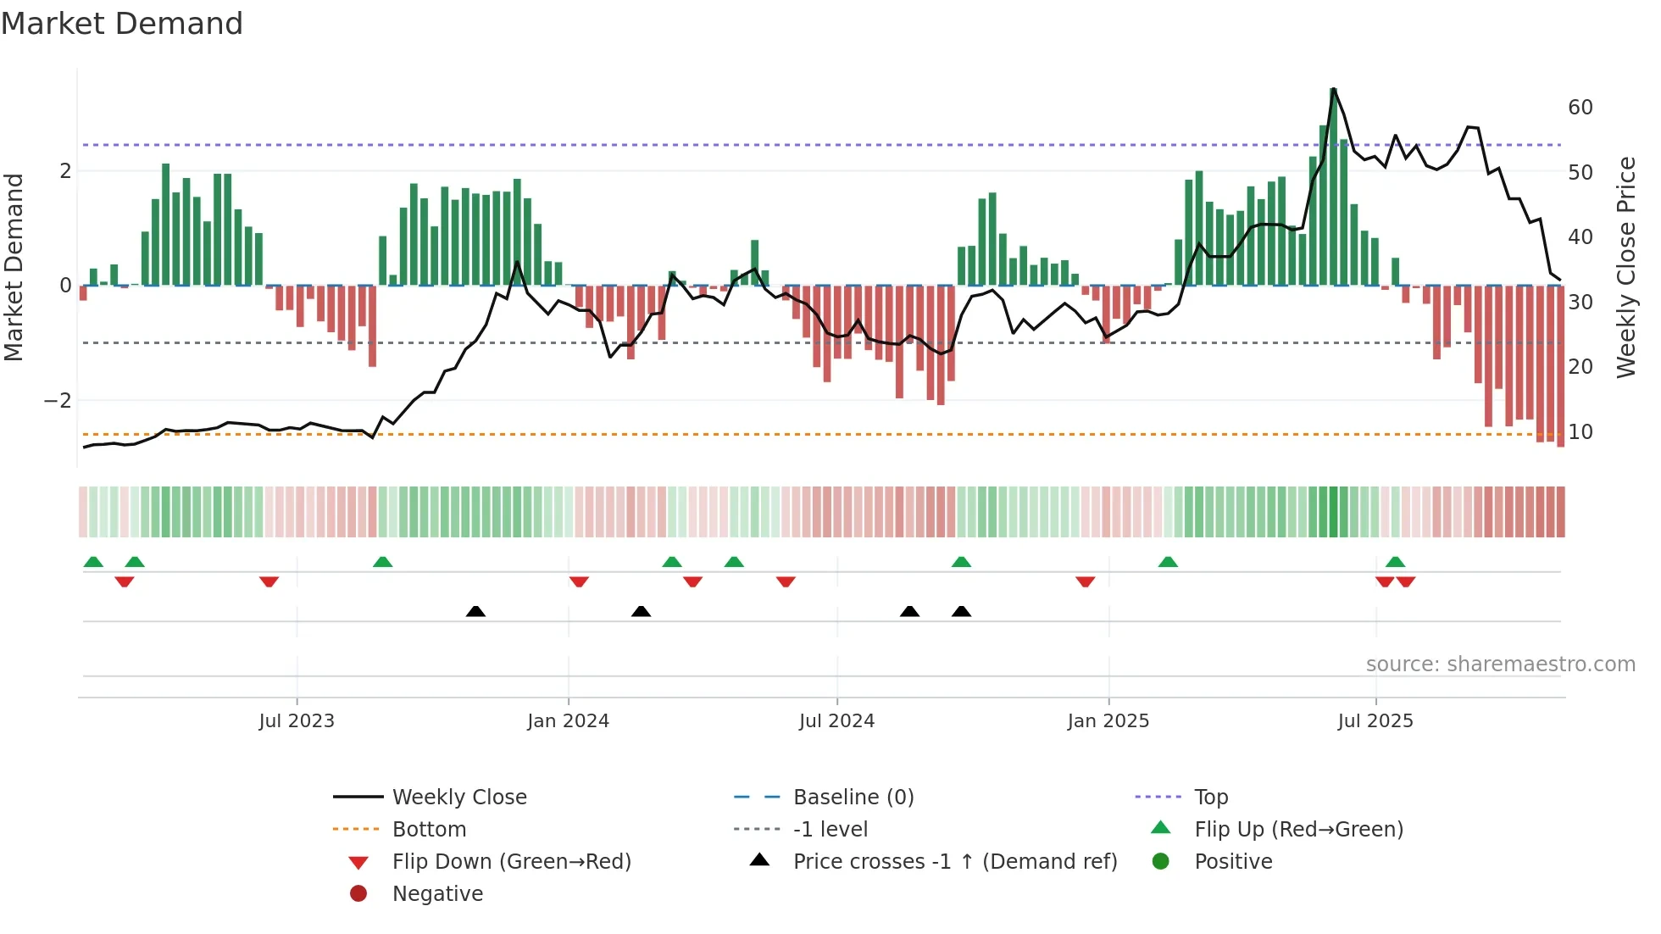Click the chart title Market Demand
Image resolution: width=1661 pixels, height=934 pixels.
click(x=122, y=24)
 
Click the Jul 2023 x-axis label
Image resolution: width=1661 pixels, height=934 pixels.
click(x=297, y=721)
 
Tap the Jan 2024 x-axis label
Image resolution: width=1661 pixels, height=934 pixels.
click(x=568, y=721)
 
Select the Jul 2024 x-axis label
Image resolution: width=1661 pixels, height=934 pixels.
click(x=836, y=721)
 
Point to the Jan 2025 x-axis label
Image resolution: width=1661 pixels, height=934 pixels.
click(x=1108, y=721)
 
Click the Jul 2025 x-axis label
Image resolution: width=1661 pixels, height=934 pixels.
click(x=1375, y=721)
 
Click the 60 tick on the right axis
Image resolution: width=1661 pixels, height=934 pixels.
click(x=1580, y=108)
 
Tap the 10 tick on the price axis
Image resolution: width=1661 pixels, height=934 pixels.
click(x=1580, y=432)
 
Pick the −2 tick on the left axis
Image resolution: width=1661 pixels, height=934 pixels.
click(x=58, y=401)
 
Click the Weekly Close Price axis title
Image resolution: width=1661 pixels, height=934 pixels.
click(x=1625, y=267)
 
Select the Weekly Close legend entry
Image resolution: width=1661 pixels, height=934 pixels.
click(x=458, y=798)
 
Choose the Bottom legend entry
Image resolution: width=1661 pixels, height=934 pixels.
click(x=429, y=830)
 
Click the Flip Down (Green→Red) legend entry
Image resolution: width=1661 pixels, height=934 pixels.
click(x=511, y=862)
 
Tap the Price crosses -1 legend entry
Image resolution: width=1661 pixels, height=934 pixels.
click(x=954, y=862)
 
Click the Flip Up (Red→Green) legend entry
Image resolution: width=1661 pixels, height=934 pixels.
click(x=1298, y=830)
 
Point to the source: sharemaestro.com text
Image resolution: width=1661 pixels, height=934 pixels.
click(x=1500, y=664)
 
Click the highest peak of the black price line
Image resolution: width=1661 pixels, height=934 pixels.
click(x=1333, y=89)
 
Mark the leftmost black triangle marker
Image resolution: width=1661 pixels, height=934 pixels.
click(x=475, y=612)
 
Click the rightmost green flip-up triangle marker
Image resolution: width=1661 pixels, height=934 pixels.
click(x=1395, y=562)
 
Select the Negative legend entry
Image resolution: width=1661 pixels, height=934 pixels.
click(x=437, y=894)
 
